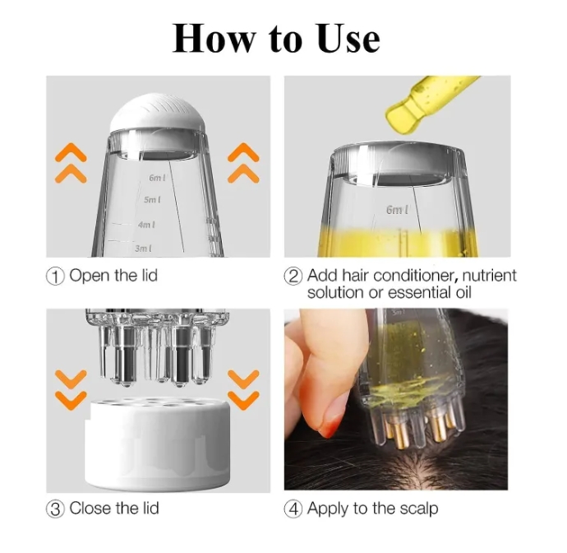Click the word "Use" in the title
[x=349, y=39]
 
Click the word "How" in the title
[x=214, y=39]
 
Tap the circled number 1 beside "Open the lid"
[x=55, y=276]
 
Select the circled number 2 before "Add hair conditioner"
[x=293, y=276]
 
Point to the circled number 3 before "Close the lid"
[x=55, y=509]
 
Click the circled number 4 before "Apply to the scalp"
[x=293, y=509]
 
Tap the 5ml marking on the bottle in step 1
[x=152, y=199]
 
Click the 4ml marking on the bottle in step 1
[x=146, y=225]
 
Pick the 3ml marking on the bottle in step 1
[x=143, y=249]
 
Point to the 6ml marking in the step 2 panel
[x=398, y=210]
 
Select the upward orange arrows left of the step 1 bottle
[x=71, y=163]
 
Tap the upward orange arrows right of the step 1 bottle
[x=243, y=163]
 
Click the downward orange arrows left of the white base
[x=71, y=390]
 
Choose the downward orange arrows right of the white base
[x=243, y=390]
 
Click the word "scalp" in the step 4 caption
[x=418, y=509]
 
